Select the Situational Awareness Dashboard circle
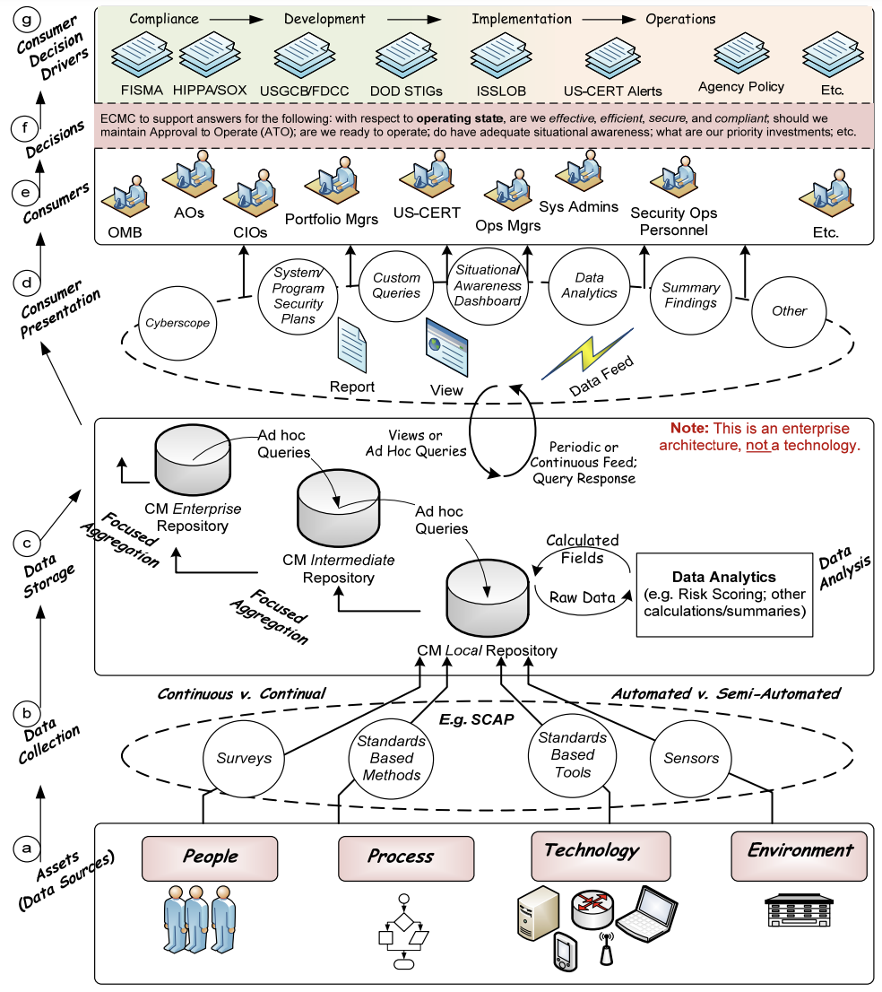point(488,285)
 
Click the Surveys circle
point(244,758)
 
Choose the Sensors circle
point(690,758)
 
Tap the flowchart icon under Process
point(403,933)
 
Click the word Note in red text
point(690,429)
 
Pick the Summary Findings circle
point(690,295)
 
